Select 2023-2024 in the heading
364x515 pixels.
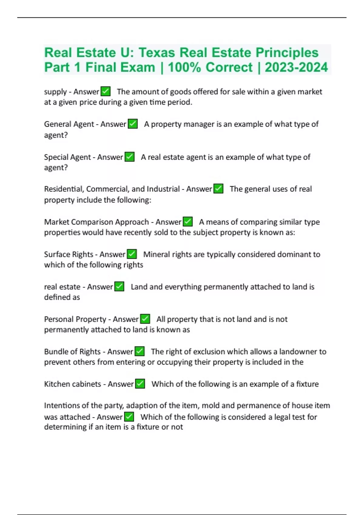coord(296,67)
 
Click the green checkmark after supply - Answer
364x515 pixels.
coord(106,91)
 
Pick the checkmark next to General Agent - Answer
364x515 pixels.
coord(133,124)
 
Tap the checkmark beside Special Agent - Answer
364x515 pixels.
coord(130,157)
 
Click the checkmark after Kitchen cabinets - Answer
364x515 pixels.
coord(140,384)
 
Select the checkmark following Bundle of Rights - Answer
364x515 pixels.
coord(140,351)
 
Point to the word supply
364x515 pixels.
coord(55,92)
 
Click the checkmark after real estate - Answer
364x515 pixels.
coord(119,287)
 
